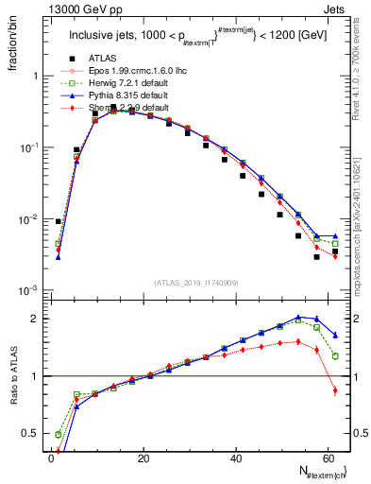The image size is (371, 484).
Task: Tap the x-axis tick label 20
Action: (143, 458)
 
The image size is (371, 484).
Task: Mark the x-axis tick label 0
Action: (51, 458)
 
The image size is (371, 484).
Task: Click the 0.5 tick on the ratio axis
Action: (28, 435)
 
